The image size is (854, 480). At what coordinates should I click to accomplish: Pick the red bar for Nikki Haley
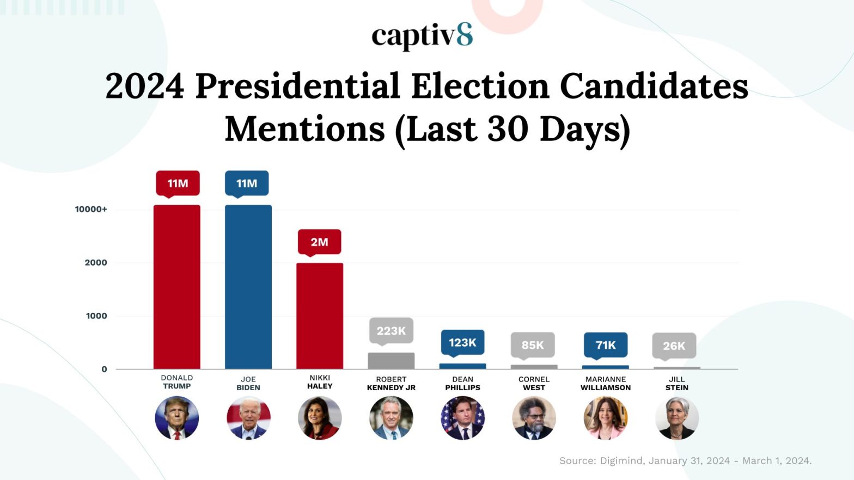[320, 316]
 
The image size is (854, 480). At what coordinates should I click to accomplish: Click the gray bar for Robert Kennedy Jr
[391, 361]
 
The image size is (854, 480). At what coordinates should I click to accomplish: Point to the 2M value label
[319, 242]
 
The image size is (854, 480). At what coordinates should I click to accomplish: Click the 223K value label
[391, 330]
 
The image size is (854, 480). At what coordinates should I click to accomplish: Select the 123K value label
[462, 342]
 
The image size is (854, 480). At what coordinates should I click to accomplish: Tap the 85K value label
[533, 345]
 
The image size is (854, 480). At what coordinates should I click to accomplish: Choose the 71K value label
[606, 345]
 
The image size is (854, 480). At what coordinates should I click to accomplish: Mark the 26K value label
[674, 346]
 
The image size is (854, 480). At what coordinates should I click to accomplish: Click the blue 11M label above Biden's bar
[247, 183]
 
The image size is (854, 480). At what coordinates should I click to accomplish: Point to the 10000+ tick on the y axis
[91, 210]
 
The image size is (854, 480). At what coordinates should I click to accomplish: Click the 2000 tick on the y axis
[96, 262]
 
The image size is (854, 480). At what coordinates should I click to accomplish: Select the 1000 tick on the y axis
[96, 316]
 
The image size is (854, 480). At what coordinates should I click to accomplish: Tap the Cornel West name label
[534, 384]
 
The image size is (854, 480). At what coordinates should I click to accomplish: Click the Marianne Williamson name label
[606, 384]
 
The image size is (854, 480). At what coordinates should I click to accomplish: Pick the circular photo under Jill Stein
[677, 418]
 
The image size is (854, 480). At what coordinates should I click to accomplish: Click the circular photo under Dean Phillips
[462, 418]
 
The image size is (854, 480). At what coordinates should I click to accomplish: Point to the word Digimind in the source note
[621, 461]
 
